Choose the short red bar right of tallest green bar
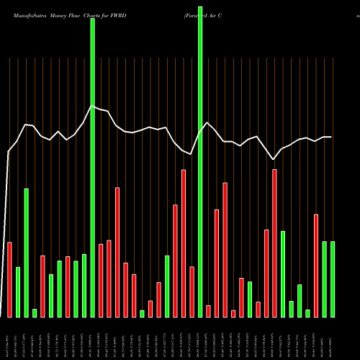coord(208,311)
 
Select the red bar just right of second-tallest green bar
coord(101,280)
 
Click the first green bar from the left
coord(18,292)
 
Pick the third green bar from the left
coord(35,312)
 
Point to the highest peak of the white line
coord(92,107)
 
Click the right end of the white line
coord(332,137)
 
